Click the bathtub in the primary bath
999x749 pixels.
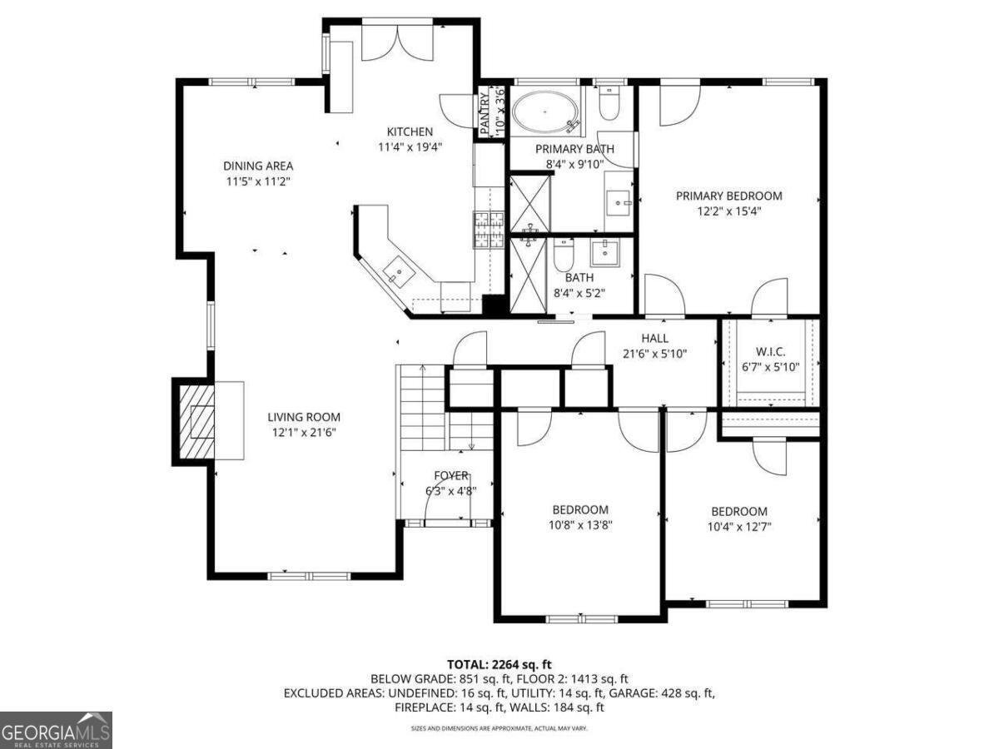click(544, 112)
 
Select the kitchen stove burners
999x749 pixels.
click(489, 230)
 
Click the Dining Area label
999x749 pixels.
click(257, 166)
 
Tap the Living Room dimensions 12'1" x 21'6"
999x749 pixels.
click(303, 432)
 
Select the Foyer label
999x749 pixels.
click(450, 475)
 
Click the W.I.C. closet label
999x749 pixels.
click(768, 352)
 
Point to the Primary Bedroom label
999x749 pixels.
click(728, 196)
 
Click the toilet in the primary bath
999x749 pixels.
click(609, 103)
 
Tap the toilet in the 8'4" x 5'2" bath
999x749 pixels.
click(564, 254)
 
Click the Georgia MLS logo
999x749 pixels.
click(56, 730)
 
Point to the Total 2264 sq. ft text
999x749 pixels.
click(499, 664)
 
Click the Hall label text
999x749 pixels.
click(654, 338)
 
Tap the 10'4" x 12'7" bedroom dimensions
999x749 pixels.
click(738, 526)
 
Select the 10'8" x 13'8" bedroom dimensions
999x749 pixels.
click(579, 524)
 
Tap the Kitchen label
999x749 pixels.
click(410, 131)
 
